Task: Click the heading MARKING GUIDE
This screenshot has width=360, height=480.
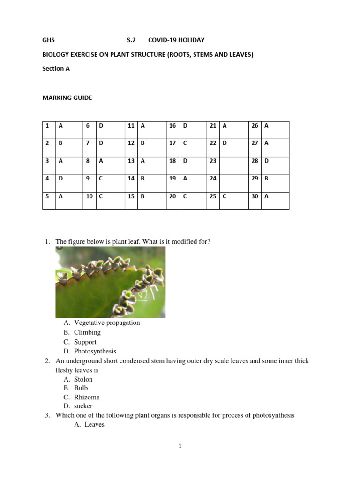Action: [67, 98]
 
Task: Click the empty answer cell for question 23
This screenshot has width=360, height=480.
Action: [233, 161]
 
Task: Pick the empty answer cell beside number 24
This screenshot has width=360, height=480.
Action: [233, 179]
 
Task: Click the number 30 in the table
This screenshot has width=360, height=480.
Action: [255, 196]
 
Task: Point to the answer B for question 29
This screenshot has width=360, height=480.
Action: [266, 179]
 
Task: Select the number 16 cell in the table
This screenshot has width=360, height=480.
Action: [172, 126]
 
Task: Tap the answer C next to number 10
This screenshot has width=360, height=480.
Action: [100, 196]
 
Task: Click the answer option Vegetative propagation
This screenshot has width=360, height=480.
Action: [107, 322]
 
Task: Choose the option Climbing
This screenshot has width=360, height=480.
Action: [87, 332]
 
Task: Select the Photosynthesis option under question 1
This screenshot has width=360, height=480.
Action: [95, 351]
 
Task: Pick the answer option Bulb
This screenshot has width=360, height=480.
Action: [81, 388]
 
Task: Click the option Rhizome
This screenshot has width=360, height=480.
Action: [87, 397]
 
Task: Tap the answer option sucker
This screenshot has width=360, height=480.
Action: [83, 406]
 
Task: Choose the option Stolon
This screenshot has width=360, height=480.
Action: [83, 379]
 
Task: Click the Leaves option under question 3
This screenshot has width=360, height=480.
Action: [94, 424]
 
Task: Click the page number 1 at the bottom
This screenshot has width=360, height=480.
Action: [180, 446]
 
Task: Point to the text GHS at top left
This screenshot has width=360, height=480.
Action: [48, 40]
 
